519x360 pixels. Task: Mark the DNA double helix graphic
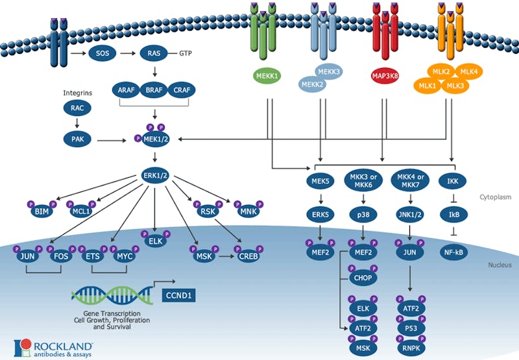107,296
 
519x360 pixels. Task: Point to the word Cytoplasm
496,197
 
